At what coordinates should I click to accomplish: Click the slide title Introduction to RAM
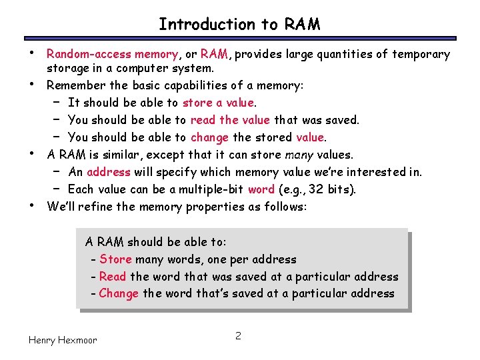click(x=239, y=25)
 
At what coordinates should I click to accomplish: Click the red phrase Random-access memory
click(x=112, y=54)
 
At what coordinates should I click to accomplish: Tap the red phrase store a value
click(x=218, y=103)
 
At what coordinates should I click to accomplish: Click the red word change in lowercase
click(x=209, y=137)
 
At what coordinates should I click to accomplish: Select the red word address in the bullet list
click(x=109, y=172)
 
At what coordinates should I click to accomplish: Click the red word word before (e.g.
click(x=261, y=189)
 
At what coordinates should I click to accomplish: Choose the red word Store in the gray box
click(x=115, y=259)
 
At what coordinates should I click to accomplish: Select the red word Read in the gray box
click(x=113, y=277)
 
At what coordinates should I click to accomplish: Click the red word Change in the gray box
click(x=119, y=294)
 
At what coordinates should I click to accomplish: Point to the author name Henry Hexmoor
click(x=63, y=340)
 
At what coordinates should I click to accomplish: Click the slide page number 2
click(x=237, y=335)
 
